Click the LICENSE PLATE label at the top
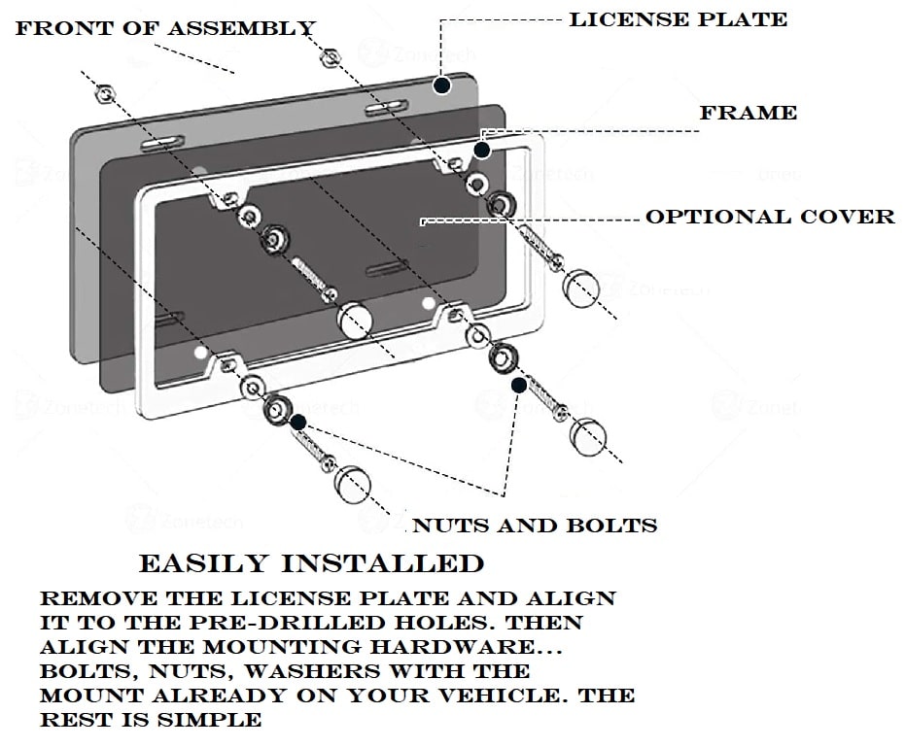678,19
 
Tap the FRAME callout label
748,113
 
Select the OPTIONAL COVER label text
770,217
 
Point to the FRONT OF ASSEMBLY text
165,28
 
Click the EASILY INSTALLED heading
311,563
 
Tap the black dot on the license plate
442,85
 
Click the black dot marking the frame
481,150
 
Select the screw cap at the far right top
582,288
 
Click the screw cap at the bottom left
352,483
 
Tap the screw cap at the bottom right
586,436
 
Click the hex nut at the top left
105,93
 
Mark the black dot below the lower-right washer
519,386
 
